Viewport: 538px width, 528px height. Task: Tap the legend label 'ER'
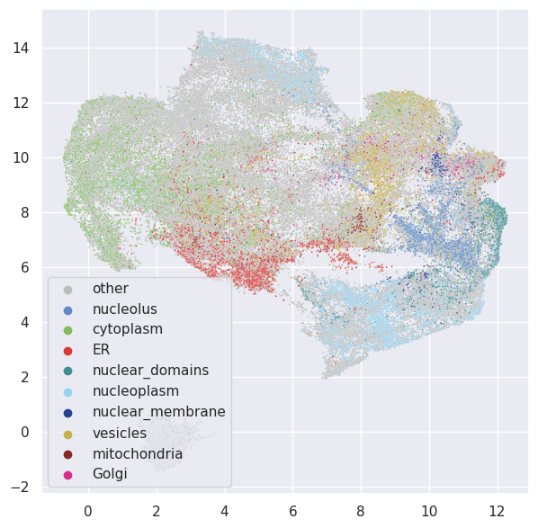pyautogui.click(x=101, y=350)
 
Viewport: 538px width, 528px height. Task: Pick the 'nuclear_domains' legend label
pyautogui.click(x=144, y=371)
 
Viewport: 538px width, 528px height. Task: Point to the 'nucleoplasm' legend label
pyautogui.click(x=135, y=391)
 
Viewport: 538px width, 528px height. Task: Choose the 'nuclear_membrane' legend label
pyautogui.click(x=158, y=412)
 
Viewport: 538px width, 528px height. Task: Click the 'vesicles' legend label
pyautogui.click(x=119, y=433)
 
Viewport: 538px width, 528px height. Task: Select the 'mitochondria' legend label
pyautogui.click(x=137, y=453)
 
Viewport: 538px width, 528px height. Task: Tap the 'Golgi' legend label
pyautogui.click(x=110, y=474)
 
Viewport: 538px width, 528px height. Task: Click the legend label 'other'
pyautogui.click(x=110, y=289)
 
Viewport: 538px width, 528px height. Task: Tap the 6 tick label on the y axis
pyautogui.click(x=28, y=267)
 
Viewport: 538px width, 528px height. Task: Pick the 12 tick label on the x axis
pyautogui.click(x=497, y=508)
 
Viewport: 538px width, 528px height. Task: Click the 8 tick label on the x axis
pyautogui.click(x=361, y=508)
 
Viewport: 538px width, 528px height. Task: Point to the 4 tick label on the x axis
pyautogui.click(x=224, y=508)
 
